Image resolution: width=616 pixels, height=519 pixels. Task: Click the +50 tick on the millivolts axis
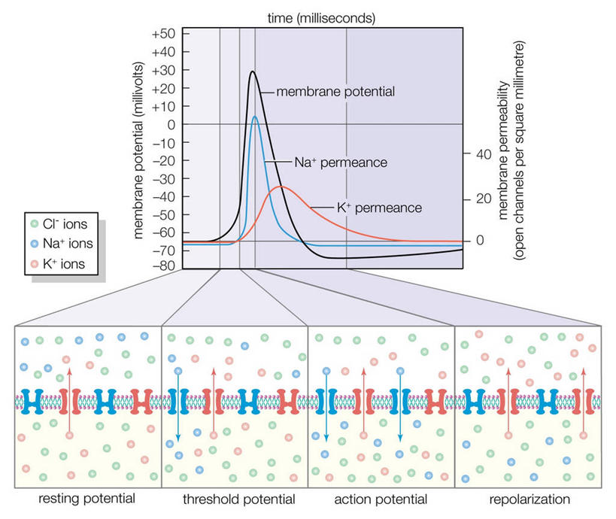[163, 34]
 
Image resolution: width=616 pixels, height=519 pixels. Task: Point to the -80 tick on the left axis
[163, 266]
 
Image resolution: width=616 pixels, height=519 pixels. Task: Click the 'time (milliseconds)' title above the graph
[324, 15]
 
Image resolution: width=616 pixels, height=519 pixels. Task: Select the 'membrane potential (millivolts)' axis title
[139, 151]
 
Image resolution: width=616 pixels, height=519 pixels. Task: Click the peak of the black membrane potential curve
[253, 72]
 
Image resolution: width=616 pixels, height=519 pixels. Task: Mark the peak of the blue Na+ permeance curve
[255, 117]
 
